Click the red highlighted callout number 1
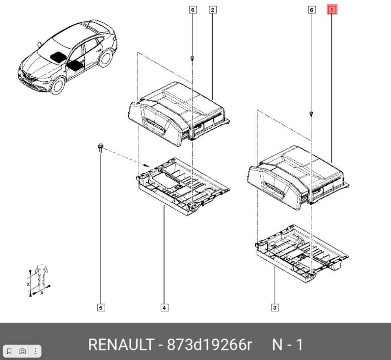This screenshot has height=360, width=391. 332,10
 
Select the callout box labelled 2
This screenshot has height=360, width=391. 213,10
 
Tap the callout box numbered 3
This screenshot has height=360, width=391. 275,308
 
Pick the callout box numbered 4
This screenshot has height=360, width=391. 164,308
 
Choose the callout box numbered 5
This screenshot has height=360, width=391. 101,308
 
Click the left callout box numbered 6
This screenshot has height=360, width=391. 193,10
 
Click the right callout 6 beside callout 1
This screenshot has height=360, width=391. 312,10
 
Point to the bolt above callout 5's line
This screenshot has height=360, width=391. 101,148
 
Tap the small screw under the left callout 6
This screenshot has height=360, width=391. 192,59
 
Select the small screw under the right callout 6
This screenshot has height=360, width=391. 311,114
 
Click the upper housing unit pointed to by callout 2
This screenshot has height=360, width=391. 179,114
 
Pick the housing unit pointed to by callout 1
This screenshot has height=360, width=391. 298,178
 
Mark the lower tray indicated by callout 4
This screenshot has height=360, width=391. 183,187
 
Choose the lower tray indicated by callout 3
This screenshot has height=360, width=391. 302,253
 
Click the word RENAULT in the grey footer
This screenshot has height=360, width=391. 121,345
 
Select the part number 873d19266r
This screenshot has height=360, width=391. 209,345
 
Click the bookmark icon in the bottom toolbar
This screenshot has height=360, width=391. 9,351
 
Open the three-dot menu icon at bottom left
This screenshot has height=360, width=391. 35,351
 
